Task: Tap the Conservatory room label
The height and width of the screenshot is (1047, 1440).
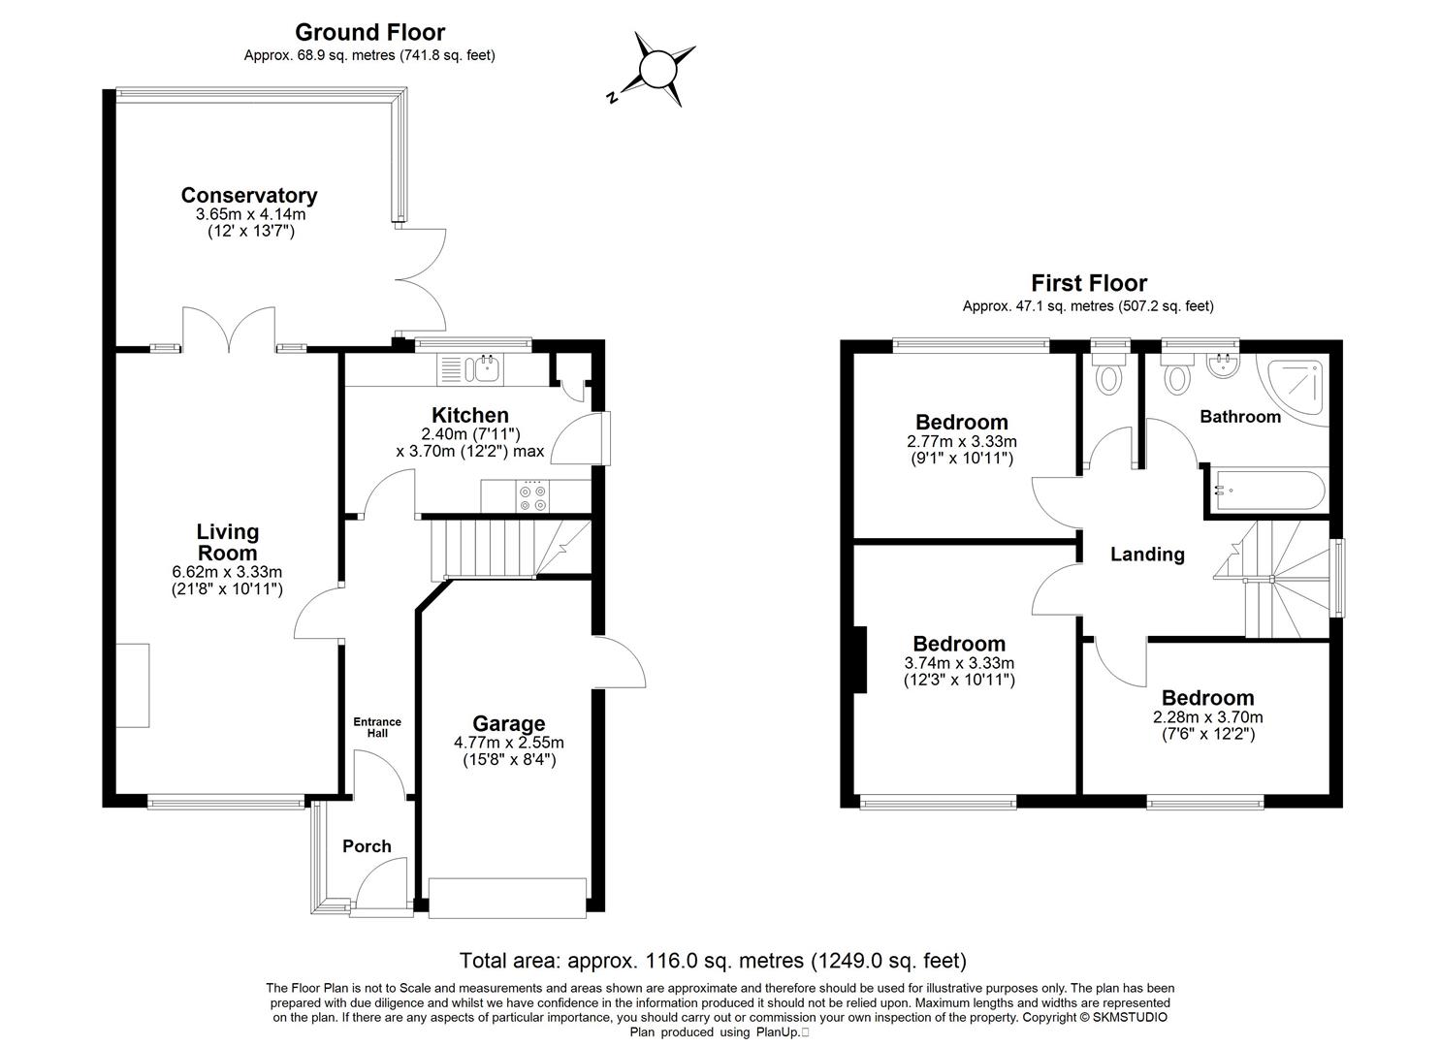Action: [249, 195]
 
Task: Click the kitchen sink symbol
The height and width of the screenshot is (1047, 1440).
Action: [483, 366]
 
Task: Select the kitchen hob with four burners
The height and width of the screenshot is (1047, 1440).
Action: [532, 496]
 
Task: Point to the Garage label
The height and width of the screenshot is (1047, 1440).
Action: [508, 723]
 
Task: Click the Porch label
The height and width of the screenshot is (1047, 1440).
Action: [367, 846]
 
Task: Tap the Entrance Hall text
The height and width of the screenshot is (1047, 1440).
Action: [377, 727]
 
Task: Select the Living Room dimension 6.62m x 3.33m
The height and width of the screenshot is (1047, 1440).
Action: [228, 571]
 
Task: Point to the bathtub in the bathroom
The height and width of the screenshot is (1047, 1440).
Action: [1266, 492]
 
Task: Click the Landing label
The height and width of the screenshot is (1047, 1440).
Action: [1147, 555]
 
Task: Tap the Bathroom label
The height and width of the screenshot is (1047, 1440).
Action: [1240, 417]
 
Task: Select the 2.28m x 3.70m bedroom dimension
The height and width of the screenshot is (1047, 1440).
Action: [1207, 717]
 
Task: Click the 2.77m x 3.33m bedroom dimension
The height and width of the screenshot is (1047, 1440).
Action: [961, 441]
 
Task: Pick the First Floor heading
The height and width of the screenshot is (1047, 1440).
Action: [1088, 283]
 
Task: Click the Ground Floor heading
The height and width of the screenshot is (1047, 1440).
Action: [369, 33]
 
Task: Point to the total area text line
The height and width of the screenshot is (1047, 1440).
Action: [713, 961]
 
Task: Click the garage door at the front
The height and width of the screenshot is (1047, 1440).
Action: [508, 897]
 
